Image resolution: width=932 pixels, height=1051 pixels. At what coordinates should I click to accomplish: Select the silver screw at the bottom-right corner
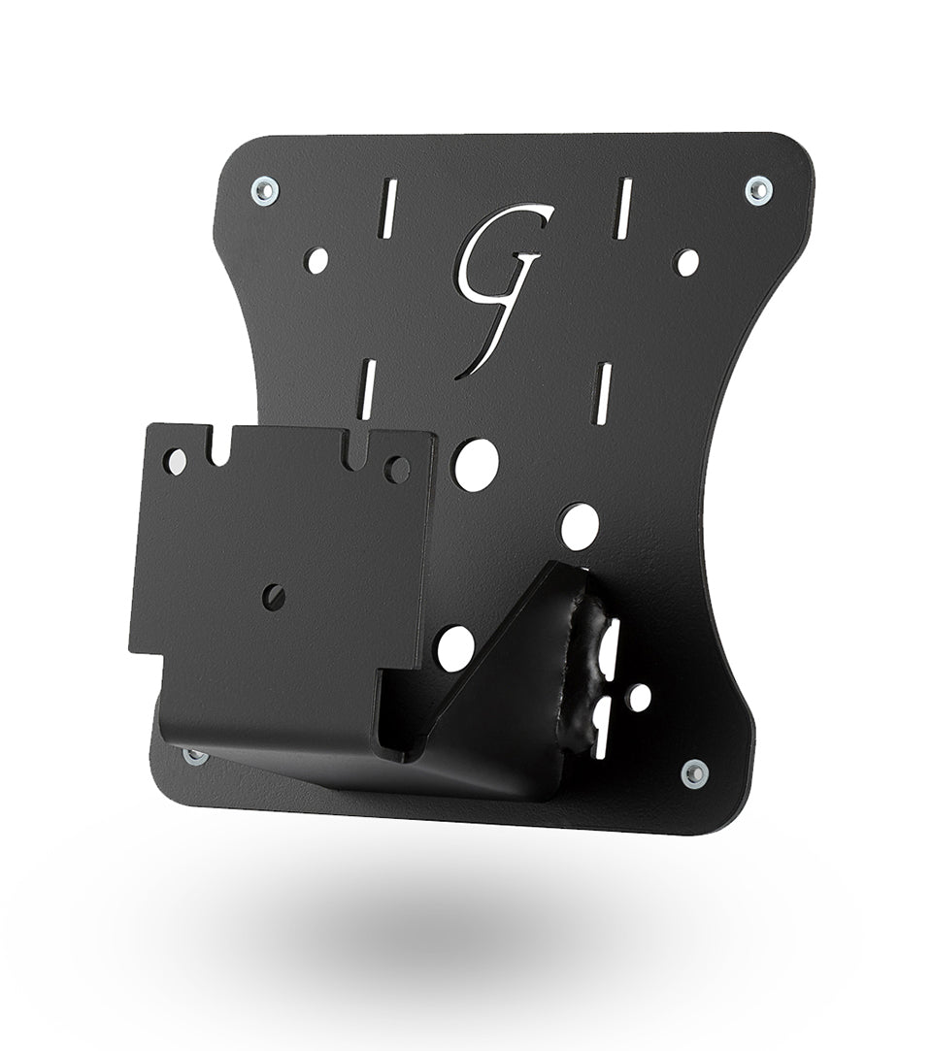(692, 773)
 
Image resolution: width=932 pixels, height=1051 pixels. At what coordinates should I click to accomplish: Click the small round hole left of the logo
(316, 260)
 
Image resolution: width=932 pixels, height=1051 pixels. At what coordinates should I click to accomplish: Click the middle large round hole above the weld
(580, 523)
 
